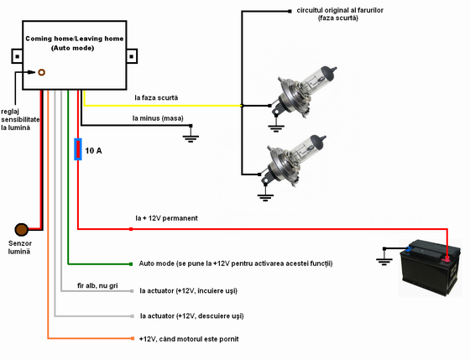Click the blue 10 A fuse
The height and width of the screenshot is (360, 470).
[x=78, y=149]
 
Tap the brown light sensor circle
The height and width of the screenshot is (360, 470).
[x=22, y=230]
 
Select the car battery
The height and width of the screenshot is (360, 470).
[x=430, y=268]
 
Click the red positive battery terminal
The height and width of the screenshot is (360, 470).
[x=446, y=258]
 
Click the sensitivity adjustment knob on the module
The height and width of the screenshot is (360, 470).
[x=41, y=72]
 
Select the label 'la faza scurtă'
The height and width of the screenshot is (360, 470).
[x=156, y=97]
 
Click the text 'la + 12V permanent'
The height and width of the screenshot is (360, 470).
[x=166, y=218]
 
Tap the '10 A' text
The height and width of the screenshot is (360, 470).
[x=93, y=150]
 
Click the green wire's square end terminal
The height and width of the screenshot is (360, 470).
[x=131, y=264]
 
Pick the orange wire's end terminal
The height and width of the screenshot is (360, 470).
[x=133, y=338]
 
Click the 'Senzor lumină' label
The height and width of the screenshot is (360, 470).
[x=20, y=248]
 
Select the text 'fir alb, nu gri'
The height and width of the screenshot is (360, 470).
[x=97, y=285]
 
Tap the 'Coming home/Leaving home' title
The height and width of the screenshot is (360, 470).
[x=75, y=39]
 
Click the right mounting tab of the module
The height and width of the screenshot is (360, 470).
[x=132, y=56]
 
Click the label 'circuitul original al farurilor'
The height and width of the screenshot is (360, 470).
[x=340, y=10]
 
